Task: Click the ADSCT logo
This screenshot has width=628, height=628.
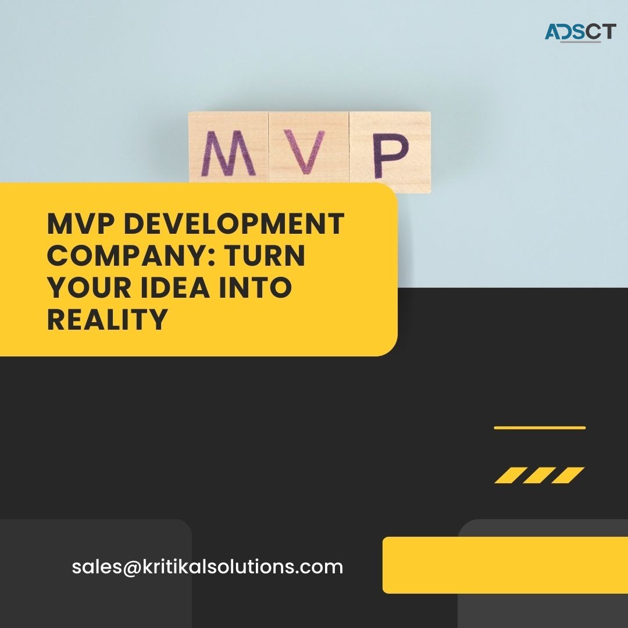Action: pos(579,32)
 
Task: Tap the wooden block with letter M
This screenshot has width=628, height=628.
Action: pos(229,152)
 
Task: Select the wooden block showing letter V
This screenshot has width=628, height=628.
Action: pos(308,152)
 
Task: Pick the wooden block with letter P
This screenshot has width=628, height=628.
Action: pos(390,152)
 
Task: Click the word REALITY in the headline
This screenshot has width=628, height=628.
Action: pos(108,320)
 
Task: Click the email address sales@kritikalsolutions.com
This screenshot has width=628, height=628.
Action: pos(208,567)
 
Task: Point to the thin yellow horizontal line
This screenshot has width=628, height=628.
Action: pos(540,427)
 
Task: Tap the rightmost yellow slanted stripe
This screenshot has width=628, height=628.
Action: pos(568,476)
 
